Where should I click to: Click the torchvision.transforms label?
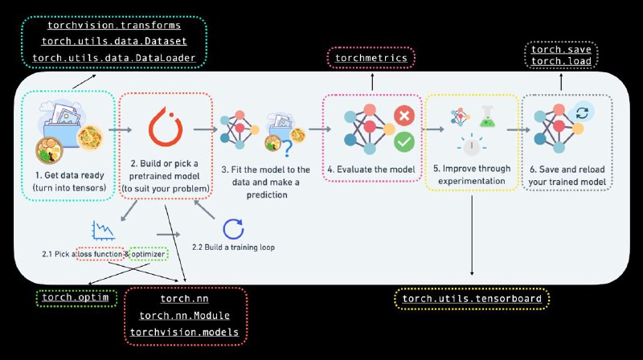click(x=114, y=26)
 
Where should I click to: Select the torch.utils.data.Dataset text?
click(x=114, y=42)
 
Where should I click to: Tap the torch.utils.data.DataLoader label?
click(x=114, y=58)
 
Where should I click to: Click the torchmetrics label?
click(x=371, y=58)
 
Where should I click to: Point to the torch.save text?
click(x=561, y=50)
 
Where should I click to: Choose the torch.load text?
click(x=561, y=61)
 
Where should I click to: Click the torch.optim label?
click(x=76, y=297)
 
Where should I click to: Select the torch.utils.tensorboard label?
click(x=472, y=298)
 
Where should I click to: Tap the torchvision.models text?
click(x=184, y=332)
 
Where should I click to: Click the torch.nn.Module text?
click(x=184, y=316)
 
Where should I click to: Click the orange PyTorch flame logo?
click(x=166, y=127)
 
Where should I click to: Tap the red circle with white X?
click(x=404, y=115)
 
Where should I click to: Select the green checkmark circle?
click(x=404, y=142)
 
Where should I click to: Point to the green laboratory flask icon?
click(x=487, y=117)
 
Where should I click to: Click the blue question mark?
click(x=288, y=149)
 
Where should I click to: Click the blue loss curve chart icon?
click(x=103, y=231)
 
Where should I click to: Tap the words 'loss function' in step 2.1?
click(x=100, y=254)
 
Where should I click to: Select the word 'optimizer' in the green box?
click(x=149, y=254)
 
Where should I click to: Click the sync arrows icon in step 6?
click(x=582, y=112)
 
